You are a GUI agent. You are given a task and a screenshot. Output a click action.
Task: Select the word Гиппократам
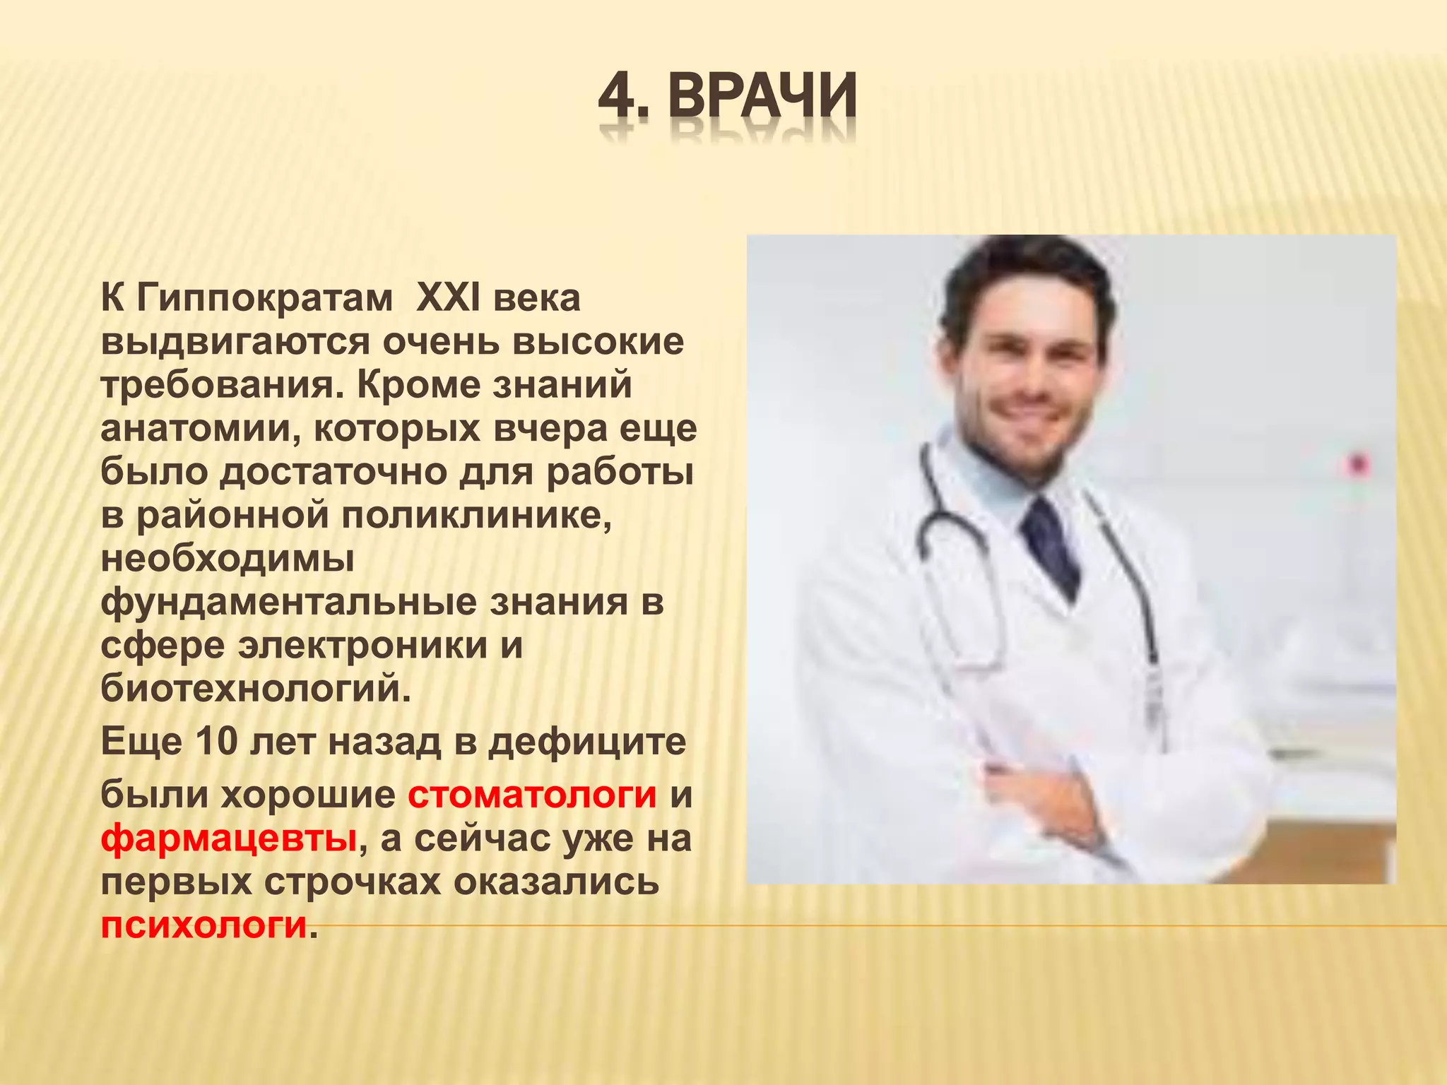(264, 297)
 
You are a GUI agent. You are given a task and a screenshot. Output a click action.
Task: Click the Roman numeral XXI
(448, 297)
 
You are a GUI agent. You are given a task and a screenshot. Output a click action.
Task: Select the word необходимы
(228, 559)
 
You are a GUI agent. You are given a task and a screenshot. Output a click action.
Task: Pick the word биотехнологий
(255, 689)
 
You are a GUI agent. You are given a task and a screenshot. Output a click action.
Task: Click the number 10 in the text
(216, 742)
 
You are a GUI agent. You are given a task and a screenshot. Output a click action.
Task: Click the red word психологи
(204, 925)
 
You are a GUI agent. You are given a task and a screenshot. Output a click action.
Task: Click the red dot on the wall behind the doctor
(1359, 465)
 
